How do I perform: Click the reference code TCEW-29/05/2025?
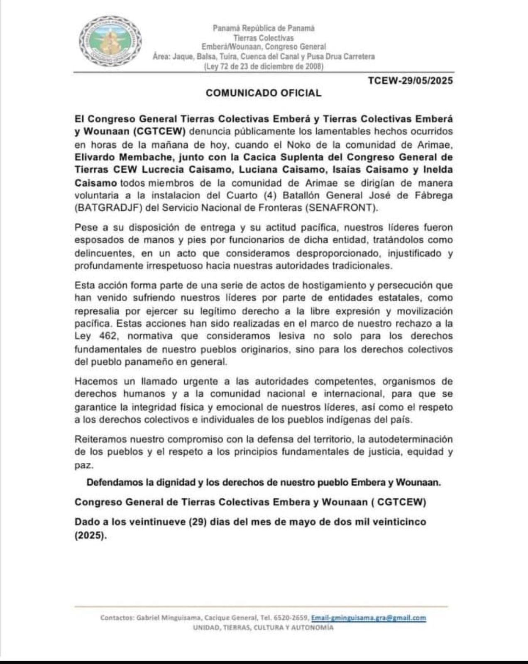410,80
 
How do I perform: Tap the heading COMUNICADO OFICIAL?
264,93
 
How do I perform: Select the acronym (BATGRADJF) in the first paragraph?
108,208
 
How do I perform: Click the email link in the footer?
369,618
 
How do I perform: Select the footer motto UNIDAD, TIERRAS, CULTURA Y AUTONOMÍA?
263,627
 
